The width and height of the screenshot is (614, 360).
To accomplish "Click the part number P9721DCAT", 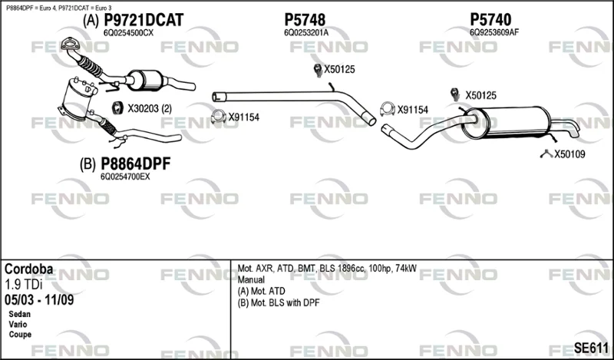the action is click(x=144, y=20).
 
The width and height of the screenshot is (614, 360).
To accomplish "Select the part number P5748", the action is click(x=305, y=20).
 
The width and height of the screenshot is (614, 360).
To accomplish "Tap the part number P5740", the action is click(x=490, y=20).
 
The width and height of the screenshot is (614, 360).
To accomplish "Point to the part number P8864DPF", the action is click(x=136, y=163).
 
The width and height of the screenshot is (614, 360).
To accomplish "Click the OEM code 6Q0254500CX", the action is click(x=128, y=33).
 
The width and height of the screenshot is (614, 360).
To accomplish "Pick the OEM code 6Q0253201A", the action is click(x=306, y=33).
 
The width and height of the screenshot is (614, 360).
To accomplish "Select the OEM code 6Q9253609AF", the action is click(x=494, y=32).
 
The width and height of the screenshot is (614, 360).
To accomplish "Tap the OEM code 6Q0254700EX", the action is click(x=125, y=177).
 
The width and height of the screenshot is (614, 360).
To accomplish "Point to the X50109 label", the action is click(x=569, y=154).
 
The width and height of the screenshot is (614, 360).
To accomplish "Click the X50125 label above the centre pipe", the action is click(x=339, y=69).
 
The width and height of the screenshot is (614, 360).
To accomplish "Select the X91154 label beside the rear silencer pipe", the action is click(x=413, y=110).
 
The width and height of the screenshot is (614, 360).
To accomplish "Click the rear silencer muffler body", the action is click(x=506, y=122).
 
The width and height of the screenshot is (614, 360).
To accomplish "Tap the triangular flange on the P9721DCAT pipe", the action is click(x=70, y=44).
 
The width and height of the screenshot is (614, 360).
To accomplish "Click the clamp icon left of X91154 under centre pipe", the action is click(x=218, y=117).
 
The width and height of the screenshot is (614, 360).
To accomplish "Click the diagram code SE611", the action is click(x=591, y=348).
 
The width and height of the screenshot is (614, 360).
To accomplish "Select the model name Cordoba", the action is click(x=28, y=269).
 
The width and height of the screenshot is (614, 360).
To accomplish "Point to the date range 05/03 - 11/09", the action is click(x=39, y=300).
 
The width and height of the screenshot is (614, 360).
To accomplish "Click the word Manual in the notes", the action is click(x=251, y=279).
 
